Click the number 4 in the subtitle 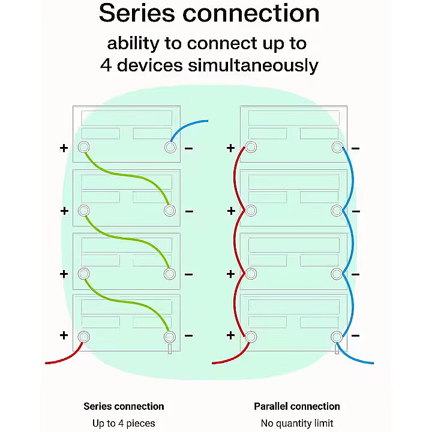click(106, 65)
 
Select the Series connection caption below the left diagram click(124, 406)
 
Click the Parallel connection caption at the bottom click(297, 406)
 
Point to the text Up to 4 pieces click(124, 424)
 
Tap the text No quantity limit click(297, 424)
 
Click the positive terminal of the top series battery click(83, 148)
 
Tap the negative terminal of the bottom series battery click(170, 337)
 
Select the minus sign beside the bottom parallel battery click(355, 336)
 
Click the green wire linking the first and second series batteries click(126, 176)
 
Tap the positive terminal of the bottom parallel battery click(251, 337)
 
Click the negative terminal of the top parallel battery click(337, 148)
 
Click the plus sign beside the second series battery click(64, 211)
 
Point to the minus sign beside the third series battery click(189, 274)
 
